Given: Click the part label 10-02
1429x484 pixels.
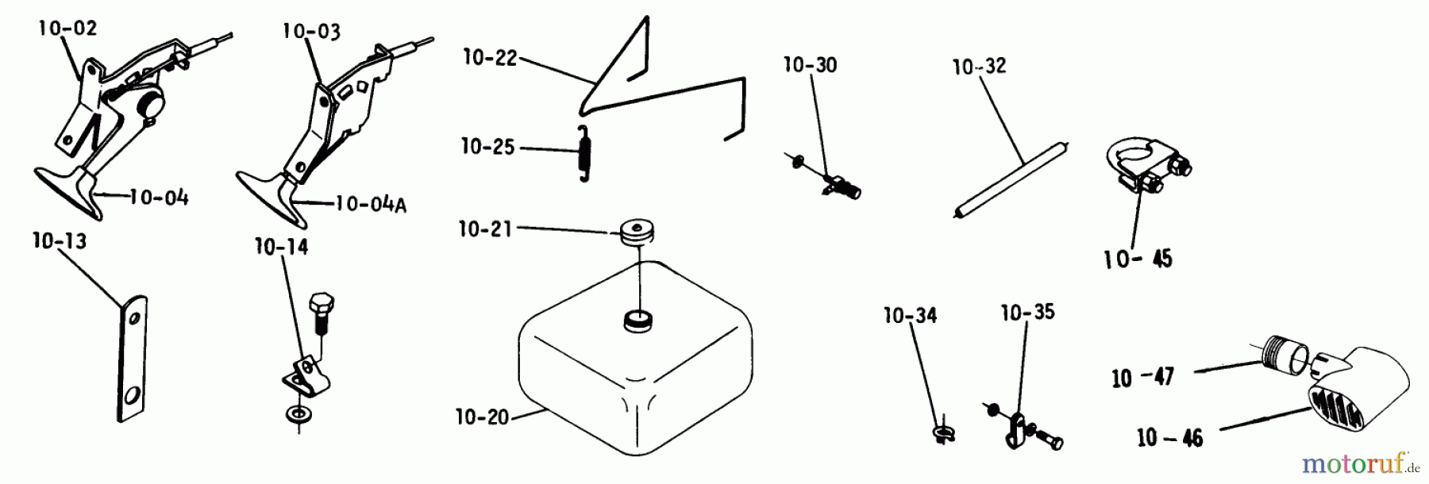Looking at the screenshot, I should (x=68, y=29).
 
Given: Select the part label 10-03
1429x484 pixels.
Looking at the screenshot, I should (x=311, y=32).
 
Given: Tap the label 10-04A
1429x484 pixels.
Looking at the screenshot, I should (x=371, y=205).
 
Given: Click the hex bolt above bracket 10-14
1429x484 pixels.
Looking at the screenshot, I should (x=320, y=311).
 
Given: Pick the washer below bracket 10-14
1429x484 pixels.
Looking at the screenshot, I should (x=299, y=414).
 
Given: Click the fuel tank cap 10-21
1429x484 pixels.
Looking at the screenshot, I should (x=637, y=232).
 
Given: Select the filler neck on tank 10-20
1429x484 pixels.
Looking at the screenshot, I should (x=636, y=321).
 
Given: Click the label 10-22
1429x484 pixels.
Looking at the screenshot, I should (x=490, y=58).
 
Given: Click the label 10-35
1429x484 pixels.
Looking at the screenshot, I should (x=1027, y=313).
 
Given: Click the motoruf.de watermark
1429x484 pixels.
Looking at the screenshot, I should (x=1360, y=463).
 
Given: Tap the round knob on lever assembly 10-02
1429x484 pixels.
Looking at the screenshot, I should (x=150, y=103).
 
